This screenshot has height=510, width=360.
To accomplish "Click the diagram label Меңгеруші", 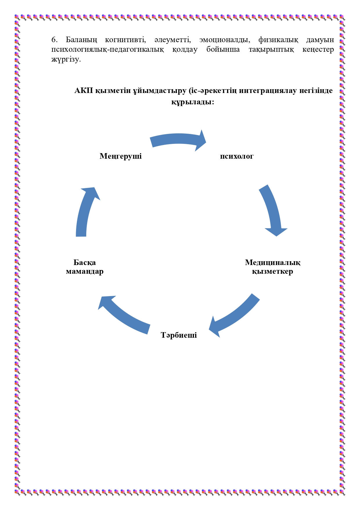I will (120, 156).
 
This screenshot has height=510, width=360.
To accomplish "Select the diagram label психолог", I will (237, 156).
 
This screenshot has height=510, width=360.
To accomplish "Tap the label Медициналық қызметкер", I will (272, 267).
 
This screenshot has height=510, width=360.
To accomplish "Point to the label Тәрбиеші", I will (179, 335).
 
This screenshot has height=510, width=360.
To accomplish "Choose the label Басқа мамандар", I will (85, 267).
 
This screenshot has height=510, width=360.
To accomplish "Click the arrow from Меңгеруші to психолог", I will (178, 140).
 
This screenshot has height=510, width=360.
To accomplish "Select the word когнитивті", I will (125, 40).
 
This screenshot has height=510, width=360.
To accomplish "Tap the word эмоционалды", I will (224, 40).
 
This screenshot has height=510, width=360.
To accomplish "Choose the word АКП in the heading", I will (84, 91).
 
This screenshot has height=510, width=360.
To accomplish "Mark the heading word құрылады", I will (192, 102).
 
